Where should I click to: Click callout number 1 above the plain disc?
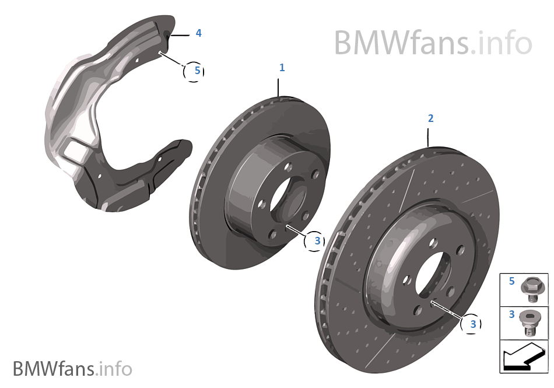click(x=282, y=68)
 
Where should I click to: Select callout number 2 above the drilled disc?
click(x=430, y=118)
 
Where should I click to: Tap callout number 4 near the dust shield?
click(x=198, y=33)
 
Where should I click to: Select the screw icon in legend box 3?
click(x=530, y=322)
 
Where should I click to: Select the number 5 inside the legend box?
click(x=511, y=281)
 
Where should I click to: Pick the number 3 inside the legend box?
click(x=511, y=314)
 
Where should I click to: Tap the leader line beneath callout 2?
click(x=429, y=137)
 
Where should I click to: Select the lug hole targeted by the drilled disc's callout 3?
click(x=432, y=303)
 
